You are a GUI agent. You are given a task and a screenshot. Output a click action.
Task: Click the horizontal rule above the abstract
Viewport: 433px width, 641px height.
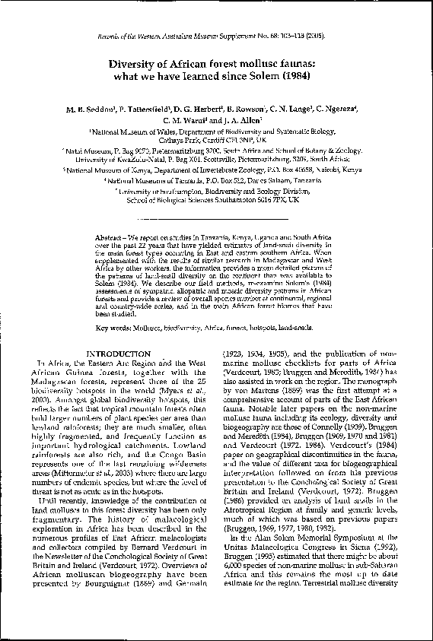(x=216, y=220)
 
